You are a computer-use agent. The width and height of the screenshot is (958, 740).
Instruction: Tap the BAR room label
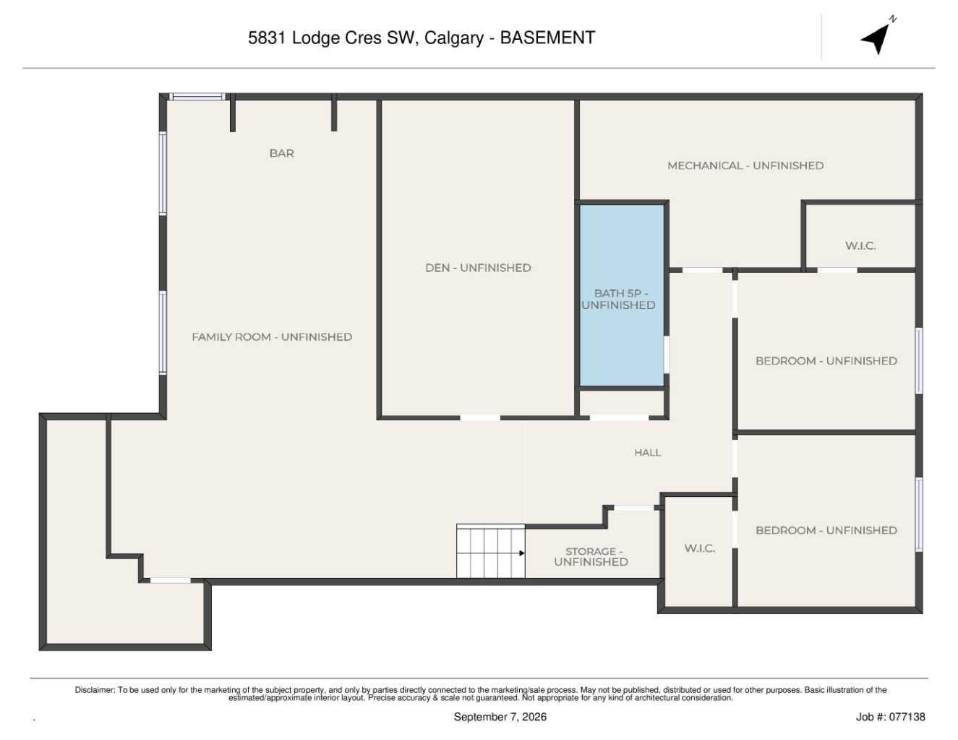pos(282,153)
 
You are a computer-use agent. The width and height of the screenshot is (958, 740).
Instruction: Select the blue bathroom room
pos(622,295)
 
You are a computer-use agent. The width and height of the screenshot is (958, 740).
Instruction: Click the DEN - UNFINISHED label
pos(478,268)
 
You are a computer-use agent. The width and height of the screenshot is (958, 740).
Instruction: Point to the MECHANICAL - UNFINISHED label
pos(745,166)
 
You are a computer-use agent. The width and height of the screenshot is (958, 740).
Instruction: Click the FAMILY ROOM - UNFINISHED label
pos(272,337)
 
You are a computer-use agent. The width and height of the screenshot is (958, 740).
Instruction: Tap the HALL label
pos(648,453)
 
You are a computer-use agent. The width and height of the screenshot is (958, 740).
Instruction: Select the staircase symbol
pos(491,550)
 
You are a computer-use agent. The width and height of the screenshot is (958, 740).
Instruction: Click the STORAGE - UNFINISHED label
pos(591,556)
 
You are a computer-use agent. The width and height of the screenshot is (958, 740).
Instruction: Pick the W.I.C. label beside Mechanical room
pos(860,246)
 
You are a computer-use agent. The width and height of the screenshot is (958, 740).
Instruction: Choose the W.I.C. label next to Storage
pos(700,548)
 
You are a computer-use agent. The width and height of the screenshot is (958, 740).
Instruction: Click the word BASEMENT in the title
pos(547,38)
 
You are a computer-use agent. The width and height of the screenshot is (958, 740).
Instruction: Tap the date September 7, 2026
pos(500,717)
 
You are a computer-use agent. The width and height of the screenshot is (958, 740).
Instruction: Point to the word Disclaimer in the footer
pos(95,690)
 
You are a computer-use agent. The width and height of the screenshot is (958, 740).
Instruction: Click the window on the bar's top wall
pos(197,97)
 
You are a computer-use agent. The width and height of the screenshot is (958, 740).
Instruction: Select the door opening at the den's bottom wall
pos(480,417)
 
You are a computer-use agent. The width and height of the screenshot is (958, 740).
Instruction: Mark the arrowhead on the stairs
pos(522,553)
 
